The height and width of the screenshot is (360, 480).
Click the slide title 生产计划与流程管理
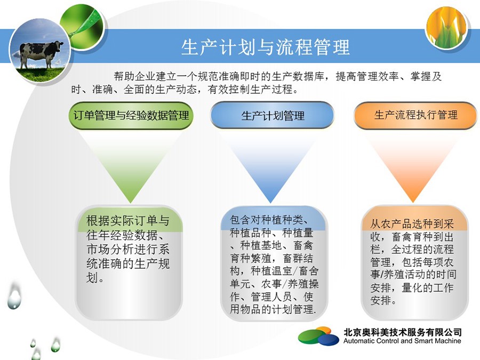pos(265,47)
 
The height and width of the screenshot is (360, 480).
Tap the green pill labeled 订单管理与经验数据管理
pos(131,115)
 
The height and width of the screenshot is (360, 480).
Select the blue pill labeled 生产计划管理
pos(272,115)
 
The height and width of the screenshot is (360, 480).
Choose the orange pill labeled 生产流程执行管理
pos(415,115)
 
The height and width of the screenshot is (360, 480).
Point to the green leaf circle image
pos(83,27)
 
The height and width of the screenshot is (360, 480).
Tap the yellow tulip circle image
pos(447,27)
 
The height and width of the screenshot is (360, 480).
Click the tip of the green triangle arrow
pos(131,203)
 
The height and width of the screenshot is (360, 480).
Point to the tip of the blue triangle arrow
pos(270,203)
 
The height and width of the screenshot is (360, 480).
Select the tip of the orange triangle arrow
pos(412,203)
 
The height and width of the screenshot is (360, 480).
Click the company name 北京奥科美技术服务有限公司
pos(402,332)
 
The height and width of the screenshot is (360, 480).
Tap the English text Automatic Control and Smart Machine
pos(402,341)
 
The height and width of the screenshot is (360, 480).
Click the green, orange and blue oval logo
pos(318,336)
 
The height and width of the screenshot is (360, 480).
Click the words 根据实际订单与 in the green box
pos(128,220)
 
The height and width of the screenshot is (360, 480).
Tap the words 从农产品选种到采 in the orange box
pos(412,224)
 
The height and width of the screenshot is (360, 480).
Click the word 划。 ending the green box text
pos(95,278)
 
